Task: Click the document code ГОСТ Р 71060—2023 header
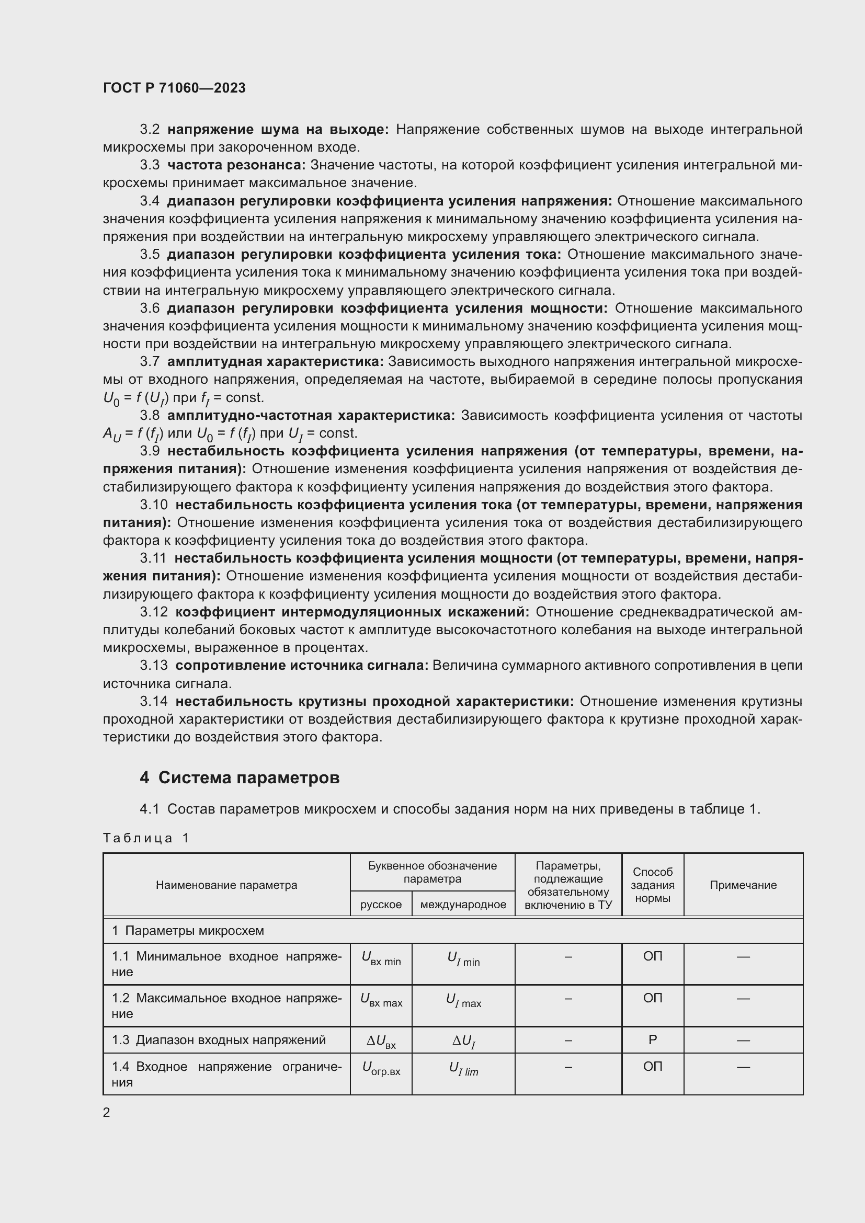174,88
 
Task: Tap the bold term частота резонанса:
236,165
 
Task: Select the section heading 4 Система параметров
240,778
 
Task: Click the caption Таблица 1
146,838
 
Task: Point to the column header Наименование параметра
226,885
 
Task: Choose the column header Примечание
743,885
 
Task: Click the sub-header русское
381,905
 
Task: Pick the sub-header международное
463,905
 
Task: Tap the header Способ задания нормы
653,885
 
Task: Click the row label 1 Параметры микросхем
188,931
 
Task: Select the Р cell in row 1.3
653,1040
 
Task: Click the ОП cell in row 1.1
653,956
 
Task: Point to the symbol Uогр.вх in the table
381,1069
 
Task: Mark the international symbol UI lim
463,1069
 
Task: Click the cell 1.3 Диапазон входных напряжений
219,1040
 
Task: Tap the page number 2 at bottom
107,1113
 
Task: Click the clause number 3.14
154,702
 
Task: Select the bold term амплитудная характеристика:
275,362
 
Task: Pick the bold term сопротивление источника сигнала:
301,666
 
